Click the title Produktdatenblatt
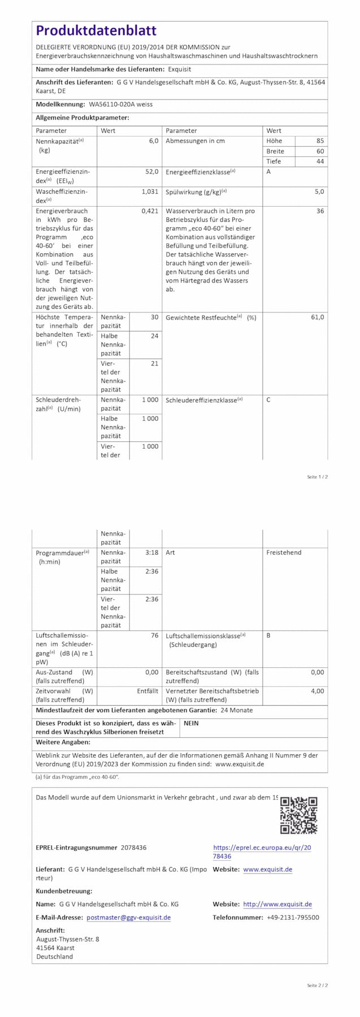pos(96,31)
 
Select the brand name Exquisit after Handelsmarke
pos(180,69)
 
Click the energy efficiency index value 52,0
pos(152,171)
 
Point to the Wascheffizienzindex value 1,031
pos(150,192)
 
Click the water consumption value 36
pos(320,211)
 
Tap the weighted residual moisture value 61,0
pos(318,317)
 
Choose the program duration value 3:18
pos(151,553)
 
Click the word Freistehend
pos(284,553)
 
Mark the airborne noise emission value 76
pos(154,636)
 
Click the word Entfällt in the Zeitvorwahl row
pos(148,691)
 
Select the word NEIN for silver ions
pos(191,723)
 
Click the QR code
pos(298,815)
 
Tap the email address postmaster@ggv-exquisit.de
pos(128,918)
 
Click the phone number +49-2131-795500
pos(293,918)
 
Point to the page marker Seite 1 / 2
pos(317,477)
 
